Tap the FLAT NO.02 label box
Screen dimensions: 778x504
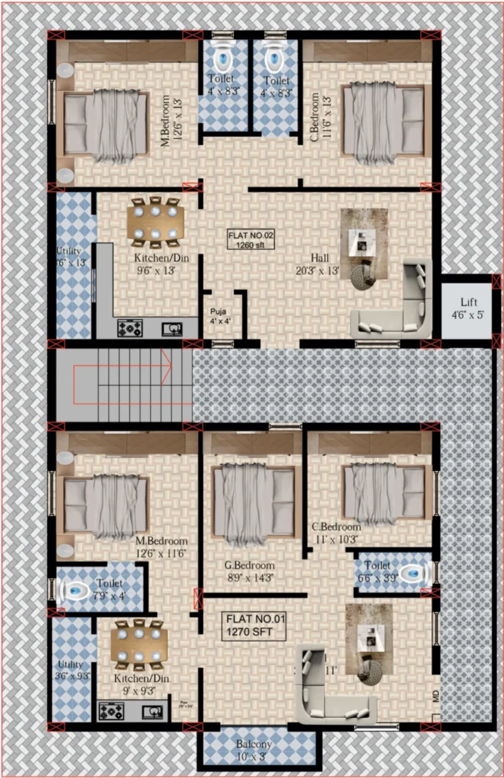coord(250,239)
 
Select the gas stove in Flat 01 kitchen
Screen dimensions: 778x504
coord(111,712)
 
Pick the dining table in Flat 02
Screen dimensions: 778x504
coord(156,222)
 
